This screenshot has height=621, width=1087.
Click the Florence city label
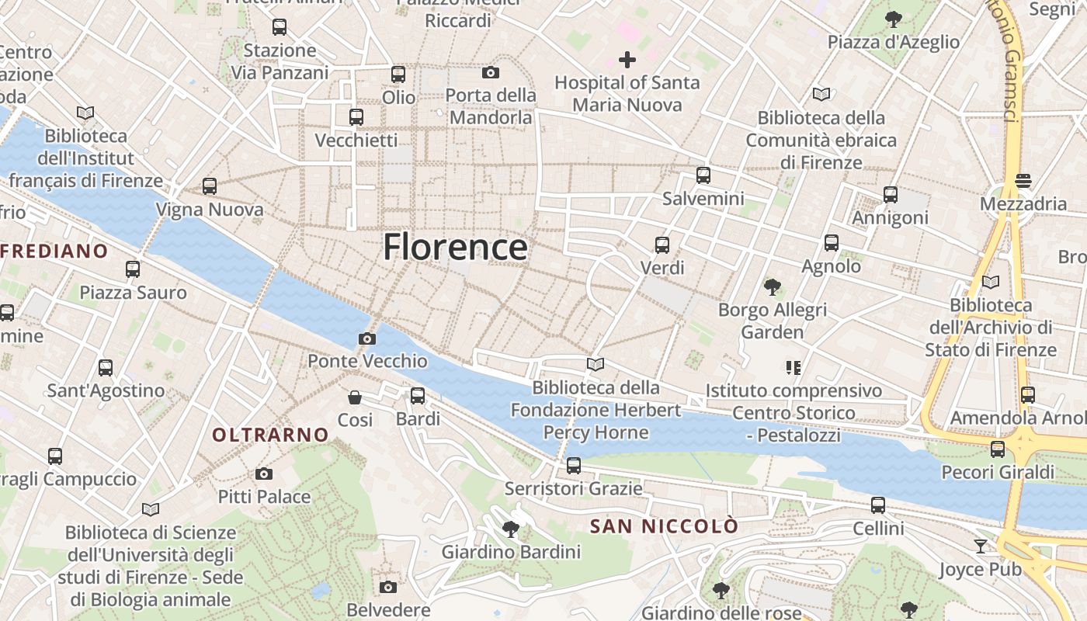tap(455, 247)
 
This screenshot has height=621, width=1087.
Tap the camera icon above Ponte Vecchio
tap(367, 338)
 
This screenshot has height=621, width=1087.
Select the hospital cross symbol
tap(627, 59)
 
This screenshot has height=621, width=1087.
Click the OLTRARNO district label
tap(271, 435)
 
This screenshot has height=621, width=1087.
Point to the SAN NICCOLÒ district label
tap(664, 526)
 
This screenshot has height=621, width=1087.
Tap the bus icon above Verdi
tap(662, 245)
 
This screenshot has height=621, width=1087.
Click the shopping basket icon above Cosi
tap(355, 397)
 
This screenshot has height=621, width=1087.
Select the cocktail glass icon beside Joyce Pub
tap(981, 546)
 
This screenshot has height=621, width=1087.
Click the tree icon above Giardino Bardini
tap(511, 529)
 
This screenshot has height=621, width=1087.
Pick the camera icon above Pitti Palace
tap(264, 474)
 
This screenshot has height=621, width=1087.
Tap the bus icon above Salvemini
tap(703, 175)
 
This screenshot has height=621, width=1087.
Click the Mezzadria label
tap(1023, 203)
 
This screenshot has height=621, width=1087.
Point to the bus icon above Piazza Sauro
tap(133, 269)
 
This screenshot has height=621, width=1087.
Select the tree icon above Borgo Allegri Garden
tap(772, 287)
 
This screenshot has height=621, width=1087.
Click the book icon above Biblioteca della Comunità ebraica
tap(821, 95)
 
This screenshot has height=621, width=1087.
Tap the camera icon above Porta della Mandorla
tap(491, 72)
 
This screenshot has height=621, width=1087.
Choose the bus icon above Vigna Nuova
tap(210, 186)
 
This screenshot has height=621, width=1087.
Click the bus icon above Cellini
tap(878, 505)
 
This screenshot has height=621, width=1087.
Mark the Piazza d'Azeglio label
tap(894, 42)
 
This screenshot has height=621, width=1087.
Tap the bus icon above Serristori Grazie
tap(574, 466)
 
